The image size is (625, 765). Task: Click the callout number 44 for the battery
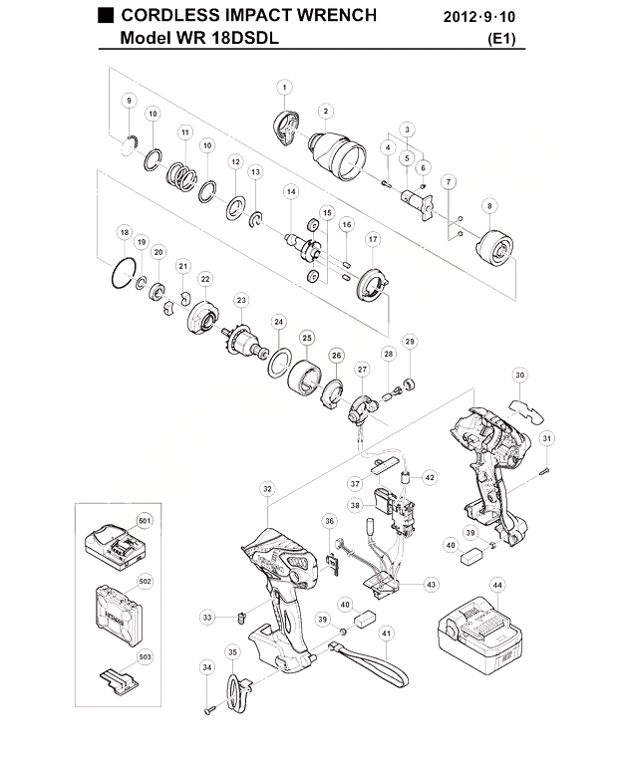coord(497,585)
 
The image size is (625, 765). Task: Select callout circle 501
coord(145,521)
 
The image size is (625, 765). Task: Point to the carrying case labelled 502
coord(119,615)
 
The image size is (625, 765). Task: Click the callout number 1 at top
coord(284,88)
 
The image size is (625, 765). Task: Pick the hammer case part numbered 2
coord(338,153)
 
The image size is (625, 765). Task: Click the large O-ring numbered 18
coord(123,273)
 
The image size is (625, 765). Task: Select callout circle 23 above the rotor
coord(241,300)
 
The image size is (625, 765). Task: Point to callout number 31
coord(547,438)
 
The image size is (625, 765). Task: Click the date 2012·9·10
coord(479,17)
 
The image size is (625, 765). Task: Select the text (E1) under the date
coord(501,39)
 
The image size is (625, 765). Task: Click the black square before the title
coord(106,16)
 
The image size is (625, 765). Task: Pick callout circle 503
coord(145,657)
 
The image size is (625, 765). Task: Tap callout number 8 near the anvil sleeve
coord(489,206)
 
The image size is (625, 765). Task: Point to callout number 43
coord(431,585)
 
